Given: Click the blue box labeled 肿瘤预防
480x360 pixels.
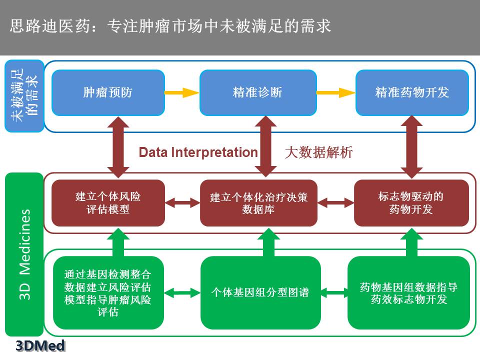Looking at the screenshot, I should [x=108, y=92].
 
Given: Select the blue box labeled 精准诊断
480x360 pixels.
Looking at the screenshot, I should [x=258, y=92].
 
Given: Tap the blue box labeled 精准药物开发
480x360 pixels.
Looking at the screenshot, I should [x=412, y=92].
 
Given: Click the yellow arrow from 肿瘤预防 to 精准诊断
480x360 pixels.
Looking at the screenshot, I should [x=182, y=92].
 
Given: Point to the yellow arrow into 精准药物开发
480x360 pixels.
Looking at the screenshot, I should [x=335, y=92].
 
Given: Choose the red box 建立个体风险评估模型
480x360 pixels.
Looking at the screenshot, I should [x=108, y=203].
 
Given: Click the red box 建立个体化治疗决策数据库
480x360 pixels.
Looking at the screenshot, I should [x=258, y=203].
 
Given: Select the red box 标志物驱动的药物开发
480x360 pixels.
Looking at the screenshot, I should [x=411, y=203].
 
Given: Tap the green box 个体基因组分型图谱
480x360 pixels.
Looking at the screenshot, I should [x=260, y=292].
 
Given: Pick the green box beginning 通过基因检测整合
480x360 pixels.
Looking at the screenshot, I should [x=108, y=292].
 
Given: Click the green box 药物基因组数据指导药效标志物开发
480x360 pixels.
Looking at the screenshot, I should [x=408, y=292].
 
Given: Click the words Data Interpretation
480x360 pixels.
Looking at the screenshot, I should [x=198, y=152].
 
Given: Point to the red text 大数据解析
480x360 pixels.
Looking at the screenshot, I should [x=318, y=152].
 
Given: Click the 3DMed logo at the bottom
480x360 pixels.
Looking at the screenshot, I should [x=40, y=345].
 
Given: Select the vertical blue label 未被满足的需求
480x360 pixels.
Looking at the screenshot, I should [x=24, y=96].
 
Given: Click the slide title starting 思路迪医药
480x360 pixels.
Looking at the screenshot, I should [x=170, y=26].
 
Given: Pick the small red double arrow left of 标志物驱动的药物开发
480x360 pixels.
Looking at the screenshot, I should [x=335, y=203].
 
